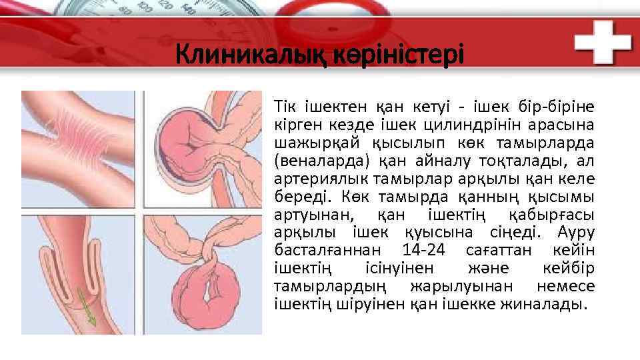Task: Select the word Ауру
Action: [577, 232]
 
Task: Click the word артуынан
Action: [312, 214]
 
